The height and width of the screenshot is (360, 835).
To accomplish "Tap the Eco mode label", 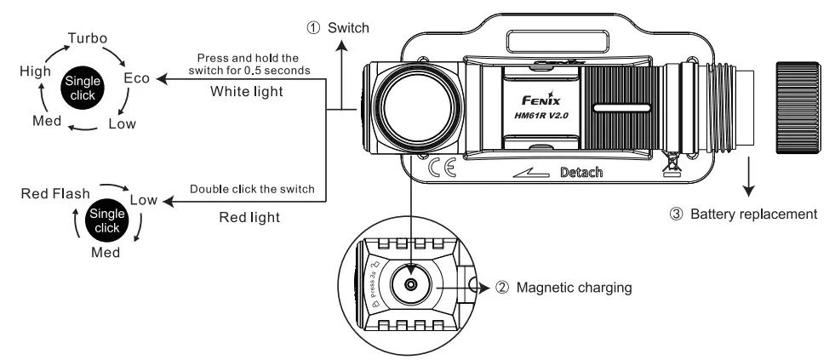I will [137, 78].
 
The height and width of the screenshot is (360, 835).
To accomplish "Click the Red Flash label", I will [54, 194].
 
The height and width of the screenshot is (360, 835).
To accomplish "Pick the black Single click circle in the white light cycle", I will [82, 86].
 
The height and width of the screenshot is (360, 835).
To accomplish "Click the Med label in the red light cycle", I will [106, 253].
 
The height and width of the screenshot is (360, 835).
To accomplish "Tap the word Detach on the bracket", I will [581, 173].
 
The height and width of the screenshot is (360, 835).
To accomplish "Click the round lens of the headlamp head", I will [411, 108].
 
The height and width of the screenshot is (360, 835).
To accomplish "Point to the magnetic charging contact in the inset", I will [411, 284].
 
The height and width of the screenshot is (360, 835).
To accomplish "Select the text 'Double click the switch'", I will [252, 188].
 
